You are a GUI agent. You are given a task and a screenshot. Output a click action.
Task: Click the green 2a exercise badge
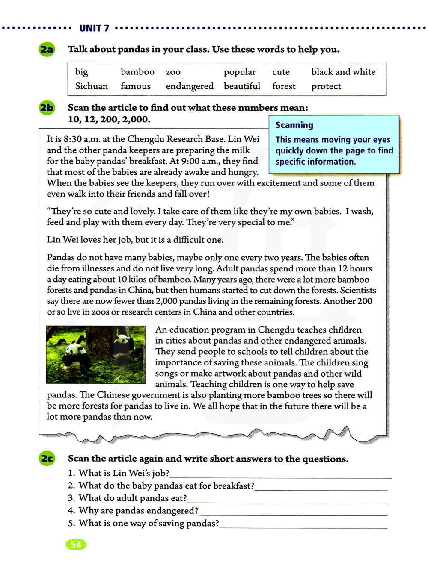[47, 50]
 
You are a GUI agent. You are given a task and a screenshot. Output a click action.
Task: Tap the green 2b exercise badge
[47, 108]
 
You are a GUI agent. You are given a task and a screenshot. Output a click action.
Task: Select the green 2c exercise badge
[47, 459]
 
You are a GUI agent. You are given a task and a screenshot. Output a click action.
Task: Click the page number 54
[76, 544]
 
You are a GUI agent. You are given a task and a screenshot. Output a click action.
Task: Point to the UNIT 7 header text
[94, 28]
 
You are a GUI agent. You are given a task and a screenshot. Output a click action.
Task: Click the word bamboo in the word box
[137, 72]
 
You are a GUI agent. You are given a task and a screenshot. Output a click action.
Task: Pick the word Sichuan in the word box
[91, 86]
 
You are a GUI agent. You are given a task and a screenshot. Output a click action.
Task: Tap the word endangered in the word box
[190, 86]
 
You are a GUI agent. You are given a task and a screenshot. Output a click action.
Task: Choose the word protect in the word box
[326, 86]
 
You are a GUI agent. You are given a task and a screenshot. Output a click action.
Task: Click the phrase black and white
[343, 72]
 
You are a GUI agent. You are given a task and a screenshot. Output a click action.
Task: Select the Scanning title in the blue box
[294, 125]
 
